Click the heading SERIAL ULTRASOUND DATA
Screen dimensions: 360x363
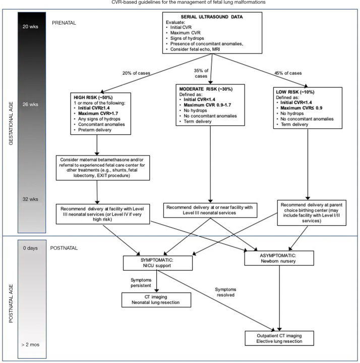[x=212, y=17]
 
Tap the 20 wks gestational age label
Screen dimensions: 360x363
[x=30, y=27]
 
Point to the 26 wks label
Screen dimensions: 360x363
[x=30, y=105]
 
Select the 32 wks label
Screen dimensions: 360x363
[x=30, y=199]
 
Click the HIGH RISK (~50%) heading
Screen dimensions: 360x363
[x=93, y=97]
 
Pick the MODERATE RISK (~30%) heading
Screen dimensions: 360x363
[x=206, y=89]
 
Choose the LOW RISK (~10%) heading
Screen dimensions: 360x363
[x=295, y=92]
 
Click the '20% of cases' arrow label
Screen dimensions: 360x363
[x=136, y=73]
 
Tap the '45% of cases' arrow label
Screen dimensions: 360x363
[x=288, y=73]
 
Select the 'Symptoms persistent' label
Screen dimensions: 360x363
[x=141, y=283]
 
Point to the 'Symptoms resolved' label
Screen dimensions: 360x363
[x=225, y=292]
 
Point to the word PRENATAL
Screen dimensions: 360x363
[x=64, y=23]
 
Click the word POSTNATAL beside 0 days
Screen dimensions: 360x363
[x=64, y=248]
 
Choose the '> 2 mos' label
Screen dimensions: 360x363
[x=31, y=345]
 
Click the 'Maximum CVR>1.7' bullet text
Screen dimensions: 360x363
[x=98, y=114]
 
